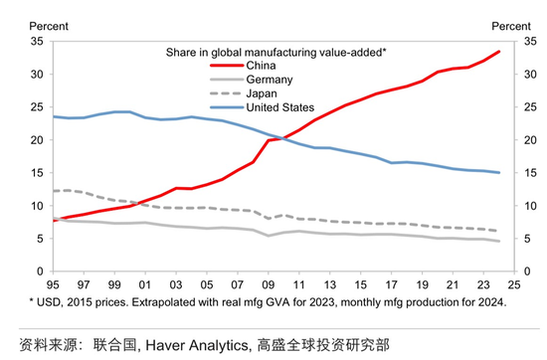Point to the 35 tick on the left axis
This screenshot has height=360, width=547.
click(x=37, y=42)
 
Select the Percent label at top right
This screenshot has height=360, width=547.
click(x=509, y=24)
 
